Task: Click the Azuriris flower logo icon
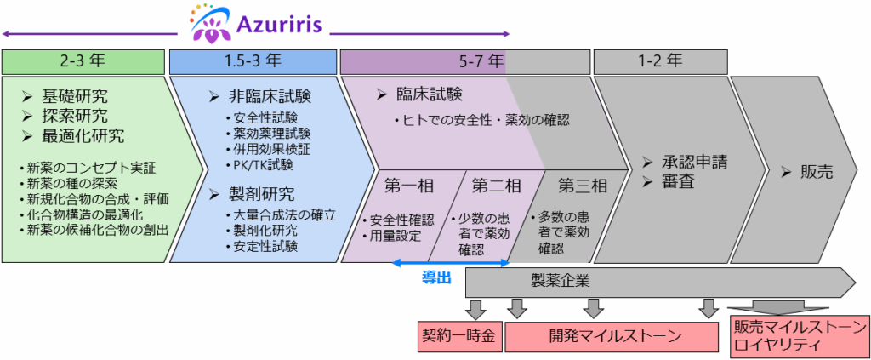[208, 23]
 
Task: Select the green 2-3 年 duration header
[82, 61]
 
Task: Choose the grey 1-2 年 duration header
[660, 61]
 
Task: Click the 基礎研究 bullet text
[76, 96]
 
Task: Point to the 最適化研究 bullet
[83, 135]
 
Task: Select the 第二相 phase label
[497, 186]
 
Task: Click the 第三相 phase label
[583, 186]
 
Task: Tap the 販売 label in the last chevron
[817, 171]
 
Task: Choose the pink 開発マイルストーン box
[616, 334]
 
